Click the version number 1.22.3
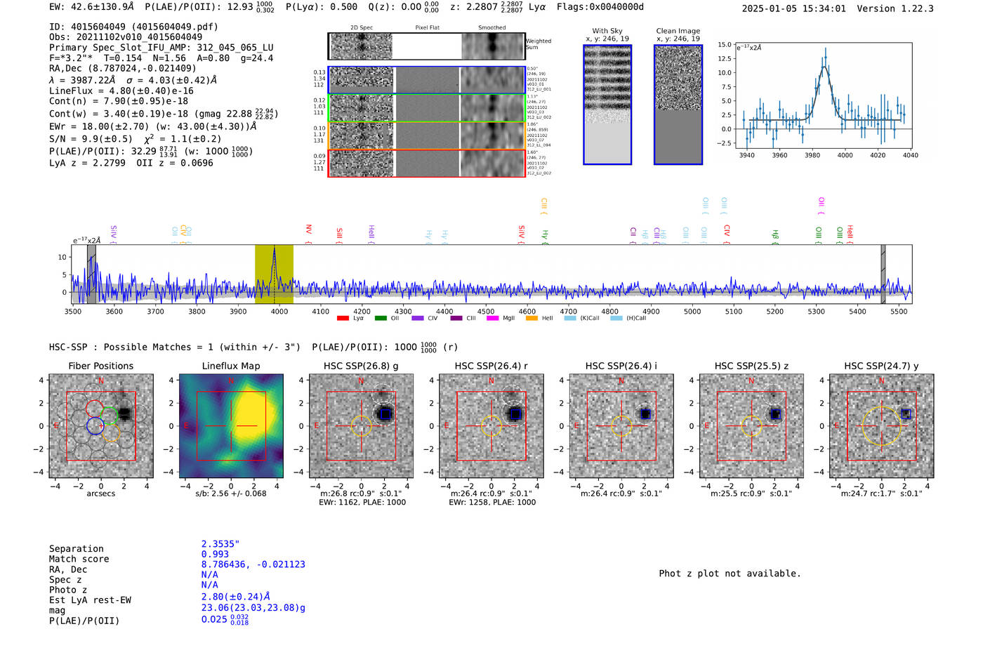pos(910,9)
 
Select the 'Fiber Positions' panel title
pos(100,366)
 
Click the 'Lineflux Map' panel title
pos(231,366)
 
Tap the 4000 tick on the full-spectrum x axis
pos(279,312)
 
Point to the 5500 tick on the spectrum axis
pos(899,312)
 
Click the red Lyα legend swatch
pos(343,319)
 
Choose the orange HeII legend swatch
pos(532,319)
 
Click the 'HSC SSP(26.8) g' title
pos(361,366)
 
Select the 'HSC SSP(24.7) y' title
pos(881,366)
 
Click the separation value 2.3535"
pos(220,544)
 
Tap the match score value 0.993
pos(215,555)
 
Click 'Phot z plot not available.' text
pos(730,574)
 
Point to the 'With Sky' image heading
pos(607,31)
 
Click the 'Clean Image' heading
pos(678,31)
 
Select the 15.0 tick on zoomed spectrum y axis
pos(724,44)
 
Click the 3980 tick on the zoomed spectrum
pos(812,155)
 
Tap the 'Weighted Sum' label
pos(539,44)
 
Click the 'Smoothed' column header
pos(491,28)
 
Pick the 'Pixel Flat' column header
pos(427,28)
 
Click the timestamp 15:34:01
pos(820,9)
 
